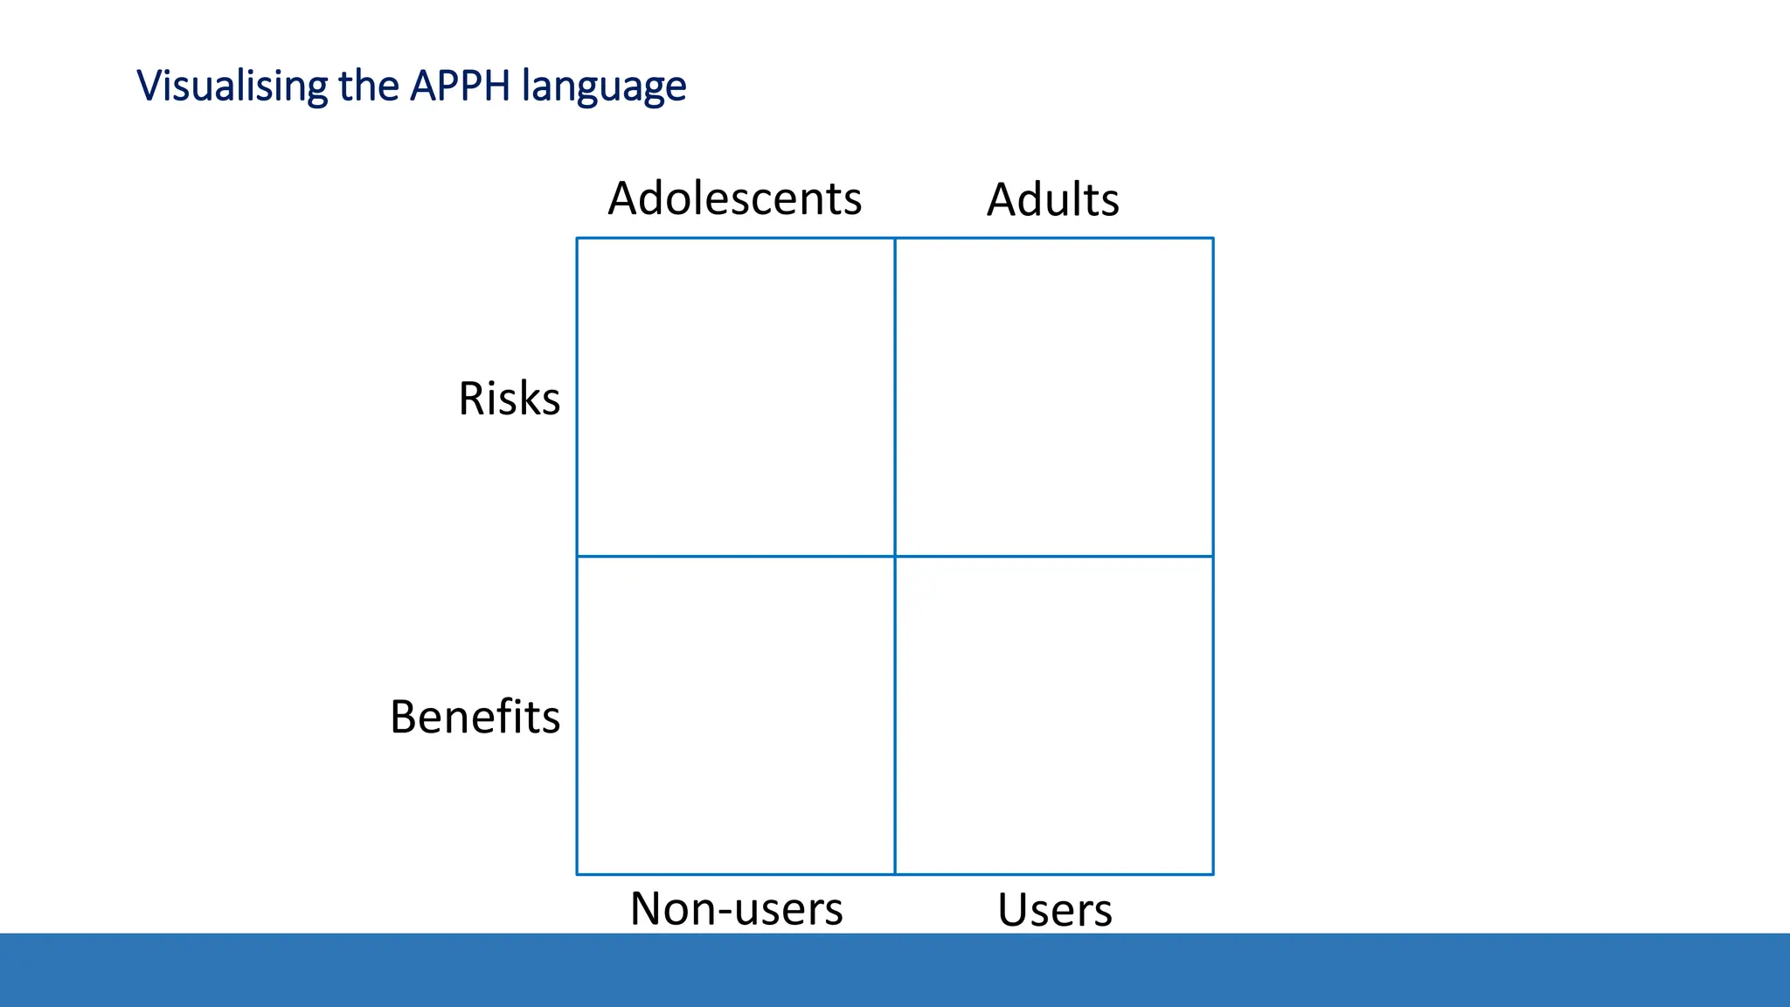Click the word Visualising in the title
click(x=232, y=87)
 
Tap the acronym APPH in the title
click(x=460, y=87)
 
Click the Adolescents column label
click(x=734, y=198)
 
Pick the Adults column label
click(x=1052, y=199)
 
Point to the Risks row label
click(x=509, y=399)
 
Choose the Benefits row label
click(x=475, y=717)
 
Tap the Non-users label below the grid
click(x=736, y=908)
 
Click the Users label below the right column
click(x=1054, y=910)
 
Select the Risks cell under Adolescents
click(x=736, y=397)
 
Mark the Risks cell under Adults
click(x=1054, y=397)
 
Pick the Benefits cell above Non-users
click(x=736, y=715)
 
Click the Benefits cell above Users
click(x=1054, y=715)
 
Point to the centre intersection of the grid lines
click(x=895, y=556)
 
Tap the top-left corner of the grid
click(x=577, y=238)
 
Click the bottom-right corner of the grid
click(x=1213, y=874)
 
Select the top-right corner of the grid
click(x=1213, y=238)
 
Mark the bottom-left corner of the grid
click(x=577, y=874)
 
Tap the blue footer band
click(x=895, y=970)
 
